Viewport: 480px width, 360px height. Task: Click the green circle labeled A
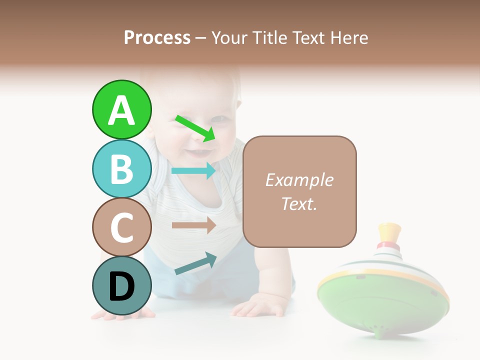coord(121,109)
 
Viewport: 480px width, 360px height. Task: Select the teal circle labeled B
coord(121,168)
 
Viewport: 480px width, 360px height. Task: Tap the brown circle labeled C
coord(121,227)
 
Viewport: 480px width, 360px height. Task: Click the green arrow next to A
coord(195,128)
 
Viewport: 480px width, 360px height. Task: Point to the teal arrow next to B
coord(193,170)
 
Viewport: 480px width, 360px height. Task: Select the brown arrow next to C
coord(193,225)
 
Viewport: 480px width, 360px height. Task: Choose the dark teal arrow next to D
coord(195,264)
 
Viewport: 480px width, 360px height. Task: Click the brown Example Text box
coord(299,191)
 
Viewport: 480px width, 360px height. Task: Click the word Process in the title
coord(157,37)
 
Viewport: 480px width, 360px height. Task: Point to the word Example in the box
coord(299,180)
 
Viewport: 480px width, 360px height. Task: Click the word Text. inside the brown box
coord(299,203)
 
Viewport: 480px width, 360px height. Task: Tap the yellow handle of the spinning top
coord(390,232)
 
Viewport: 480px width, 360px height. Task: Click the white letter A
coord(121,110)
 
